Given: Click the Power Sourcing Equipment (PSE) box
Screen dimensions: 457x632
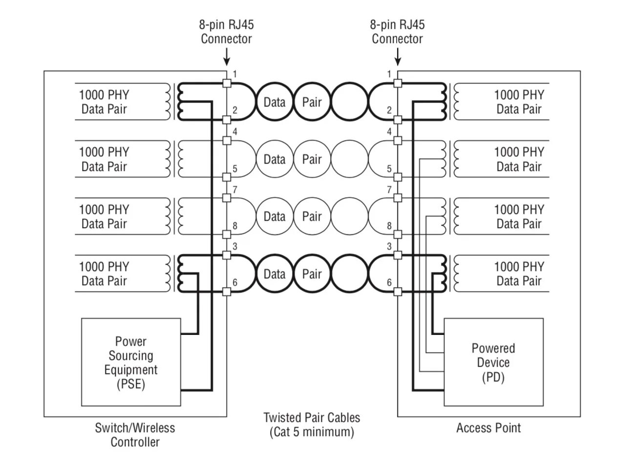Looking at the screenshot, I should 131,362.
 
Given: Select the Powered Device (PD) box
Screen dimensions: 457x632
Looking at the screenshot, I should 493,362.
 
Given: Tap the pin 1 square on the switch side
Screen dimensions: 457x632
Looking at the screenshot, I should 227,83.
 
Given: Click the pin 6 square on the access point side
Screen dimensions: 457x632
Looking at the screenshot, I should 398,291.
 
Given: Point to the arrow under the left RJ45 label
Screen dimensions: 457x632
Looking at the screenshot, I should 226,58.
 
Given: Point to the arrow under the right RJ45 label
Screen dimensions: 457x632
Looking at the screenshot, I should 398,58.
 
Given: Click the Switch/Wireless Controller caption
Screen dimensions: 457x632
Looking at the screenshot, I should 135,435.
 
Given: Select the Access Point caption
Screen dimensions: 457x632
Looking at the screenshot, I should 488,428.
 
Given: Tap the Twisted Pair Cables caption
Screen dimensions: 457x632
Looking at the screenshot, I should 312,425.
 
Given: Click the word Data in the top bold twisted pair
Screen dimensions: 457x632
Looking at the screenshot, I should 274,102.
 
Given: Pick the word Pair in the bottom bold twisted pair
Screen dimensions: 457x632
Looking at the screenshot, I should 312,274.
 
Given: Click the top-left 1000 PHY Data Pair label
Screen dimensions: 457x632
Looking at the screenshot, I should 104,102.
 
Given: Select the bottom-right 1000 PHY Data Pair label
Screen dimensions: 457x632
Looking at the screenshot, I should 519,273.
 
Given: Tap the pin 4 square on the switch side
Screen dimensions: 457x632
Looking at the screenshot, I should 227,141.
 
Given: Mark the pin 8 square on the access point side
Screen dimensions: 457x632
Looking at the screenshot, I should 398,234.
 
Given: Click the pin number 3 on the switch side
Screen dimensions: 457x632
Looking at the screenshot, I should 235,247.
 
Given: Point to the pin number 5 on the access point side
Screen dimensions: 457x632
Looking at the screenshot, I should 389,169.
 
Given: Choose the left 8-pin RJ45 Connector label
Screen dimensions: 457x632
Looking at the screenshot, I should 226,32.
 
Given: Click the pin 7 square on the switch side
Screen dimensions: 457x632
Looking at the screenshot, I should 227,198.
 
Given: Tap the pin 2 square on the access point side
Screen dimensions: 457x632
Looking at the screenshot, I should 398,120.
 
